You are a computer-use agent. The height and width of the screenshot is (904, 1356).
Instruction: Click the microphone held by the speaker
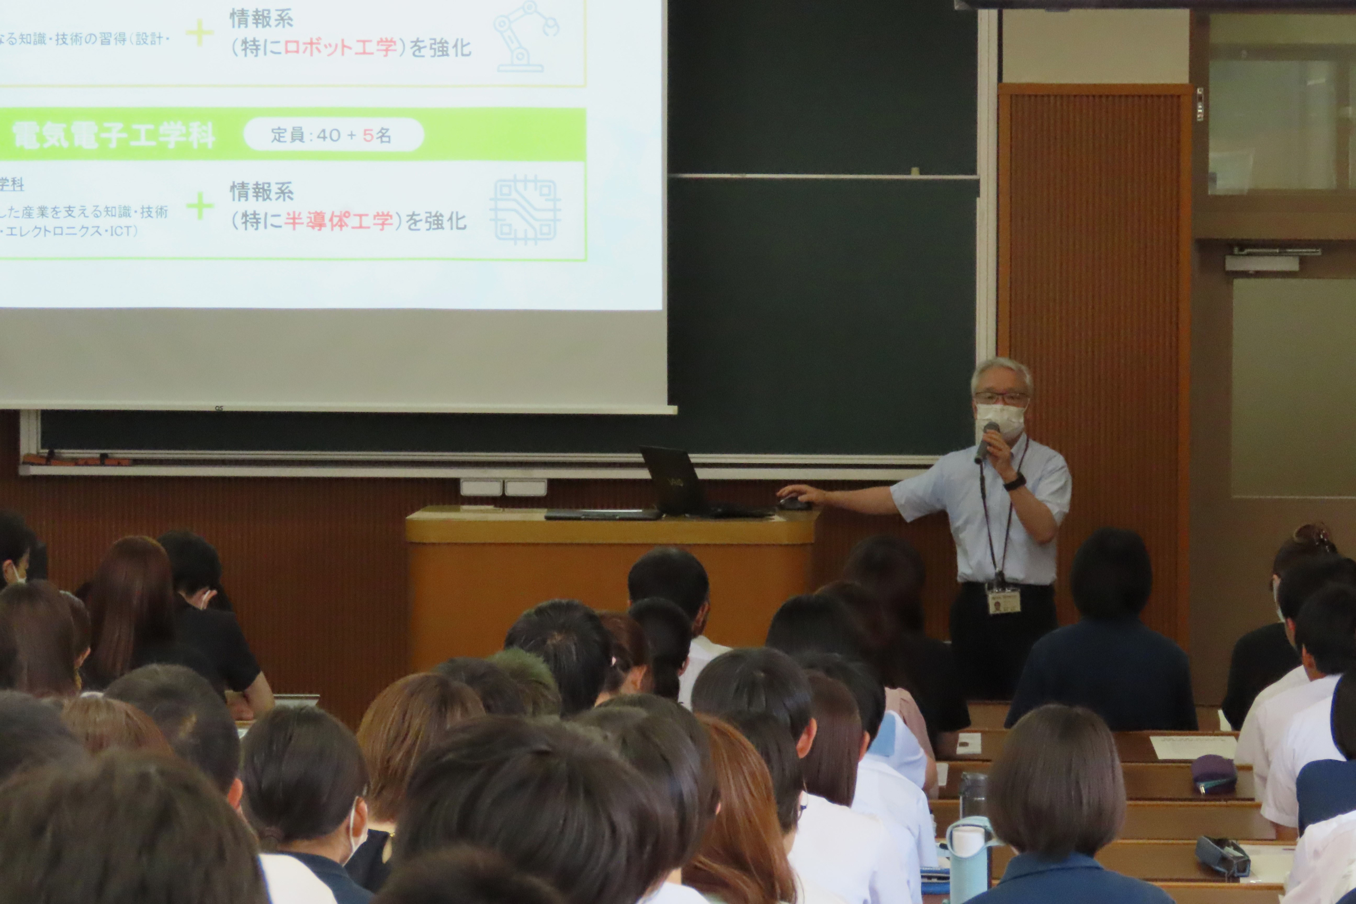coord(986,441)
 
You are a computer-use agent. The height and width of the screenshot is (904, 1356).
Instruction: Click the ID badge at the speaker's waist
coord(1004,599)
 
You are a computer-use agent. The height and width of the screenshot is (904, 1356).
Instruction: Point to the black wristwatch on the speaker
coord(1015,481)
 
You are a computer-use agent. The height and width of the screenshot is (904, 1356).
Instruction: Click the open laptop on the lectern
coord(674,481)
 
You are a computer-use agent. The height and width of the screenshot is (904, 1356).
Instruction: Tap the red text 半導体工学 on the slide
coord(338,221)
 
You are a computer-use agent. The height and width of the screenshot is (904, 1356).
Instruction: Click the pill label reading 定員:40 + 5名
coord(333,136)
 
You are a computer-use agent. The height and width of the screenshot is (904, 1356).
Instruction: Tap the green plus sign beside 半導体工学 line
coord(200,206)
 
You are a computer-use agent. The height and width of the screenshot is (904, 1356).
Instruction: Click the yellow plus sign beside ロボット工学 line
coord(200,33)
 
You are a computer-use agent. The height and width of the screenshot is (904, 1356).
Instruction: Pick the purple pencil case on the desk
coord(1214,774)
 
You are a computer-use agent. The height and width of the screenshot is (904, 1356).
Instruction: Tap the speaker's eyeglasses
coord(1001,398)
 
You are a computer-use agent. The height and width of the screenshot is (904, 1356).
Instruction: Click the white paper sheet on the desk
coord(1192,747)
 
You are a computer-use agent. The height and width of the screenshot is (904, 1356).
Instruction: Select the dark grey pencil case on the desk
coord(1222,856)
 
